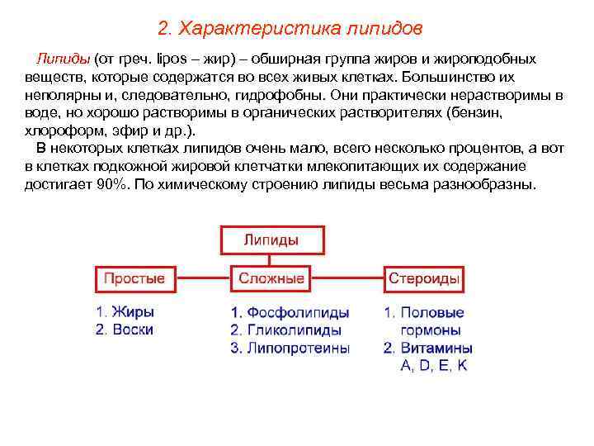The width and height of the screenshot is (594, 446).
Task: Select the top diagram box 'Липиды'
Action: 271,240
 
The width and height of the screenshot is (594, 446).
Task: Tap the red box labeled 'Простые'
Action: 134,279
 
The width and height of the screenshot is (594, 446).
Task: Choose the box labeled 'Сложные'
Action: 271,279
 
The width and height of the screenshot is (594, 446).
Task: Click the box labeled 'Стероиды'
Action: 423,279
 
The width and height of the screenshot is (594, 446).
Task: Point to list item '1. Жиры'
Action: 125,312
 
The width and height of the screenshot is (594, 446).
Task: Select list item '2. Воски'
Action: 125,330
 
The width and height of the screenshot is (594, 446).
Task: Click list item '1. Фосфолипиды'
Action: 290,313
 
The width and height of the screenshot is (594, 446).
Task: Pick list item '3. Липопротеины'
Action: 290,348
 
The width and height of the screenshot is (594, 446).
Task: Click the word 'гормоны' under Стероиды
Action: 436,330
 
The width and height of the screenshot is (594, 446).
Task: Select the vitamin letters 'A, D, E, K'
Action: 434,365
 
